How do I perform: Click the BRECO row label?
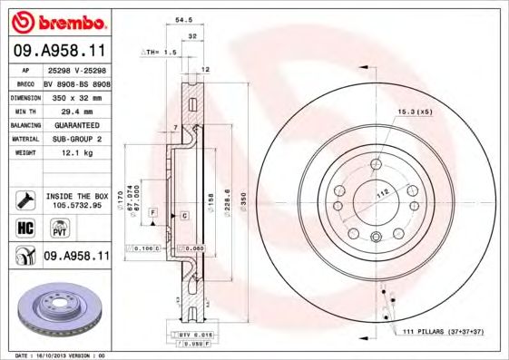27,82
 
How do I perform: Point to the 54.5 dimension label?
181,18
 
